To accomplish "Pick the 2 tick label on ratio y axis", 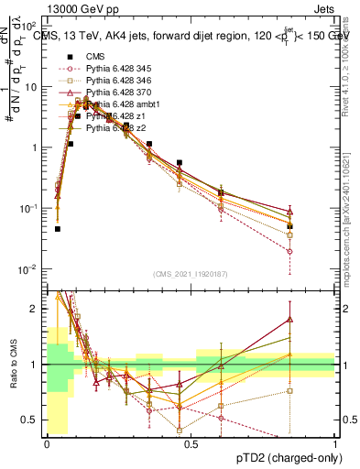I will coord(37,309).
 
